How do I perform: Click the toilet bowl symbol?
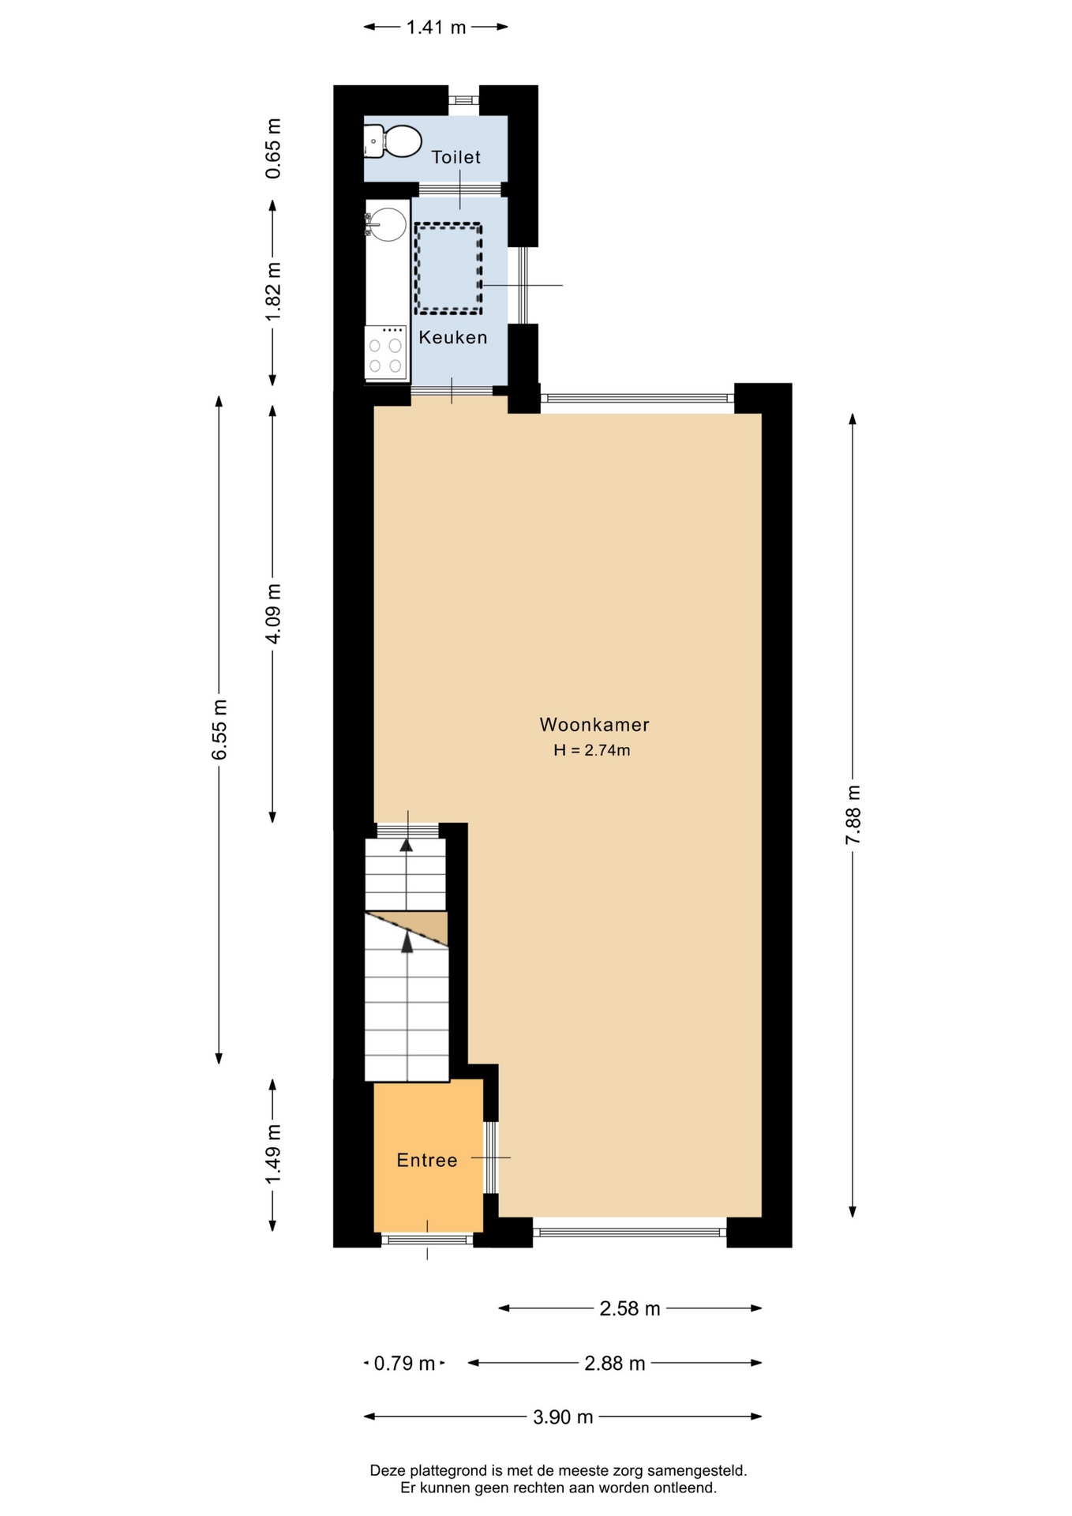393,141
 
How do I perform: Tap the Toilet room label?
456,157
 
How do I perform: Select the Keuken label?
453,337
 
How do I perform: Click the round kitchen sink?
387,224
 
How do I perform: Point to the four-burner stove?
386,352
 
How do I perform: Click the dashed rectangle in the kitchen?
448,268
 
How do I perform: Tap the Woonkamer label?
594,724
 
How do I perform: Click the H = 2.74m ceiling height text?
592,750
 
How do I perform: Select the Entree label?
427,1160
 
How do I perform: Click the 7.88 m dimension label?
853,815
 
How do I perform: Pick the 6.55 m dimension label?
219,730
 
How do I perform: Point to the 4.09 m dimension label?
273,614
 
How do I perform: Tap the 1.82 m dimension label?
273,291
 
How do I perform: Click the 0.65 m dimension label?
273,148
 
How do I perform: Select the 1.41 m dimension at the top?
436,28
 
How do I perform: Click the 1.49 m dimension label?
273,1154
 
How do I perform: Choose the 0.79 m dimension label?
404,1364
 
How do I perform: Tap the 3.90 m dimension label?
563,1417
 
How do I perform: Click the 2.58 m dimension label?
630,1309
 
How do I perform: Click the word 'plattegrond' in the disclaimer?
448,1471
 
